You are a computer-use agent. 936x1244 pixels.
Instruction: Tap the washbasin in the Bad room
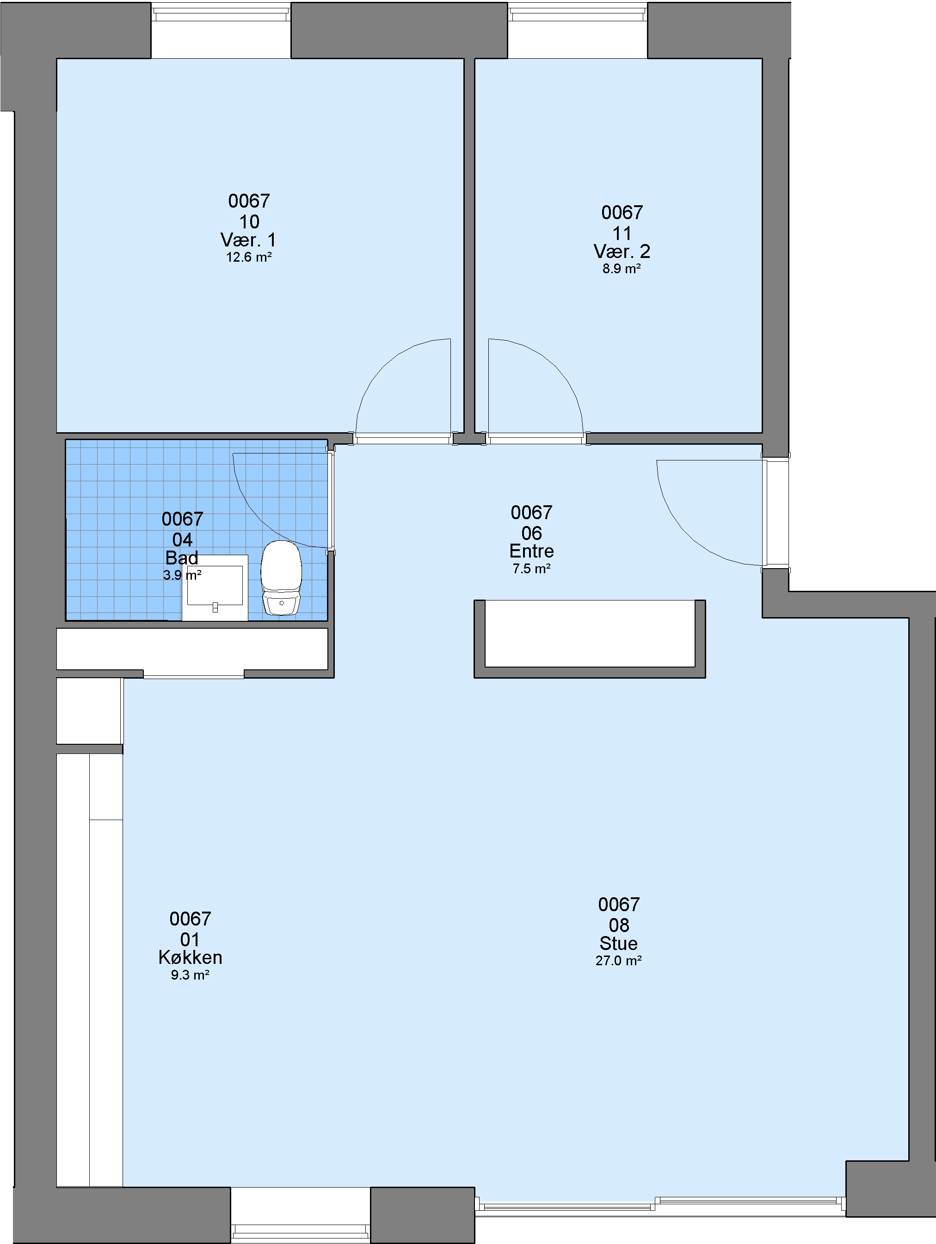point(215,588)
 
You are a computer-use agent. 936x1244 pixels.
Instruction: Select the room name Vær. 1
point(249,240)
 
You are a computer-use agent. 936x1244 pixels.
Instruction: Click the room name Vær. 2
point(622,251)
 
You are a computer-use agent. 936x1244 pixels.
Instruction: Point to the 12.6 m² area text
point(249,257)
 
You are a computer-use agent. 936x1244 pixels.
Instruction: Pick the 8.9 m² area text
point(622,269)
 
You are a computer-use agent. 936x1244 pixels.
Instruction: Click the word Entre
point(531,551)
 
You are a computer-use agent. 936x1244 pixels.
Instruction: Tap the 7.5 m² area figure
point(531,569)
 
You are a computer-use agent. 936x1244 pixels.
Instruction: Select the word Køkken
point(190,957)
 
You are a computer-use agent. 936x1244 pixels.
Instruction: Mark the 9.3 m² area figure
point(190,975)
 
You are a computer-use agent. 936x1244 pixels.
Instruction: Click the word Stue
point(618,943)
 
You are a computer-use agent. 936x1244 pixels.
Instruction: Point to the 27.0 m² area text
point(619,961)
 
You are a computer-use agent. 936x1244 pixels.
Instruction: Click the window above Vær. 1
point(221,12)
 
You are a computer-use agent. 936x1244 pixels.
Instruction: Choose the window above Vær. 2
point(578,12)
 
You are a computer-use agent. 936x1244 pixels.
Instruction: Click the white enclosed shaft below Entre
point(590,633)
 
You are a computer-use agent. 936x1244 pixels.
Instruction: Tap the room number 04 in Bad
point(182,540)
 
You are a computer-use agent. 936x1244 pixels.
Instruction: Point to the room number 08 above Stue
point(619,925)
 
